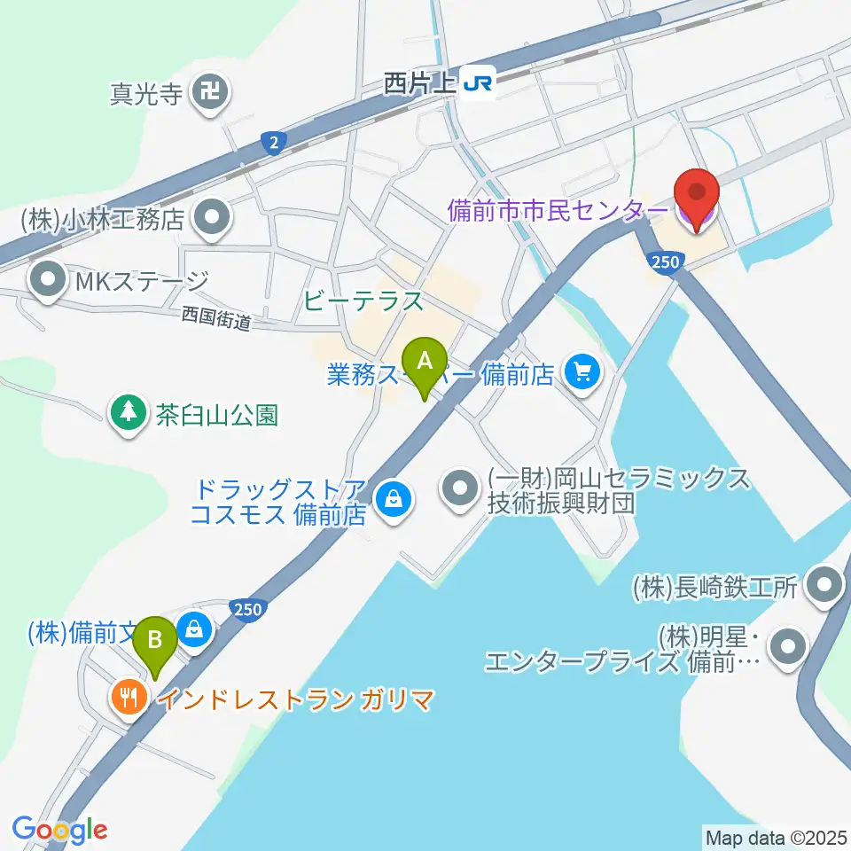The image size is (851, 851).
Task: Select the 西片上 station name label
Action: [x=420, y=83]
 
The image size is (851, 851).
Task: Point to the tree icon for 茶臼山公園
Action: [x=129, y=412]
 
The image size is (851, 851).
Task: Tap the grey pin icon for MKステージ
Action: [x=45, y=283]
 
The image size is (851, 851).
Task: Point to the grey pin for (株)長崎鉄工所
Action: [x=826, y=586]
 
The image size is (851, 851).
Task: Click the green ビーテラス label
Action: [x=363, y=302]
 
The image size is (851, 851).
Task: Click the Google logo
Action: [x=59, y=829]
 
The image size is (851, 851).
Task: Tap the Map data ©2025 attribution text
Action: [x=777, y=836]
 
